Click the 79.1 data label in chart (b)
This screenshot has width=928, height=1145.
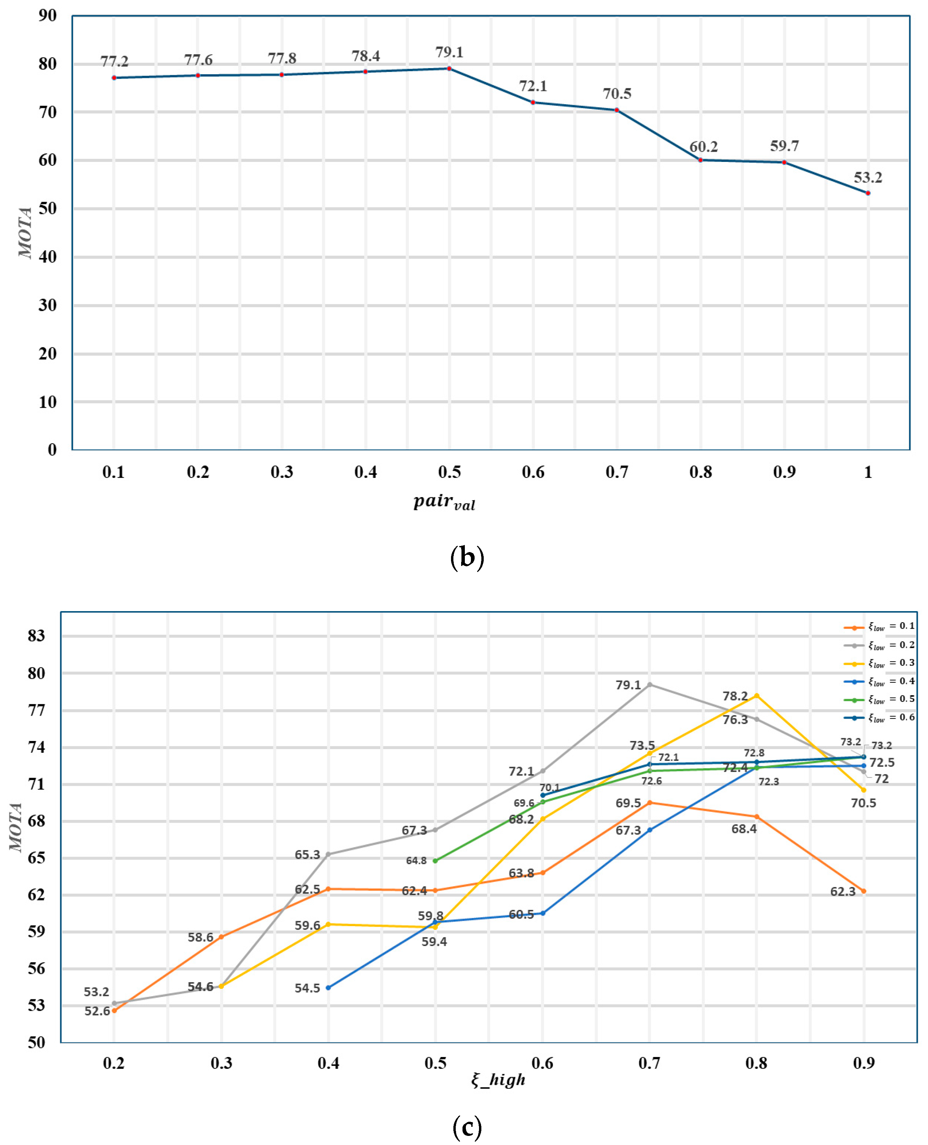pos(449,52)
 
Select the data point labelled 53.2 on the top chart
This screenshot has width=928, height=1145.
pos(868,193)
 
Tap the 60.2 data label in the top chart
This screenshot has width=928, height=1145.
pos(704,146)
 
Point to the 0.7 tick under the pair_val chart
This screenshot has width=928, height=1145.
pos(617,472)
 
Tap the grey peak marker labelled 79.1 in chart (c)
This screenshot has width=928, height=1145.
pos(650,685)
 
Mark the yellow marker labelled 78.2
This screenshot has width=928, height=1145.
pos(756,696)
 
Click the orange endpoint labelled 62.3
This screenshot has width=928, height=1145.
pos(863,891)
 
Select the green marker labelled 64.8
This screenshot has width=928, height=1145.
pos(435,860)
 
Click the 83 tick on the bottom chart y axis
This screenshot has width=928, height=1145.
pos(36,636)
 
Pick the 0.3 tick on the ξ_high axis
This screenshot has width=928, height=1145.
pos(221,1063)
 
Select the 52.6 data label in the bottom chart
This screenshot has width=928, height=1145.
pos(97,1011)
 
